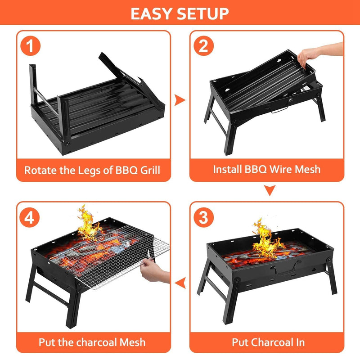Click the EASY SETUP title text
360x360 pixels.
[180, 13]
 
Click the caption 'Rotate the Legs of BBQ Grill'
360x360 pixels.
[92, 170]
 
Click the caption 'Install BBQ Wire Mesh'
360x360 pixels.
[267, 170]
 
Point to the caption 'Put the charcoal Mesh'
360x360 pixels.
[92, 342]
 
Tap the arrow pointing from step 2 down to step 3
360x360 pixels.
[269, 191]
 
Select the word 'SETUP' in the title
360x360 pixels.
[205, 13]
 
